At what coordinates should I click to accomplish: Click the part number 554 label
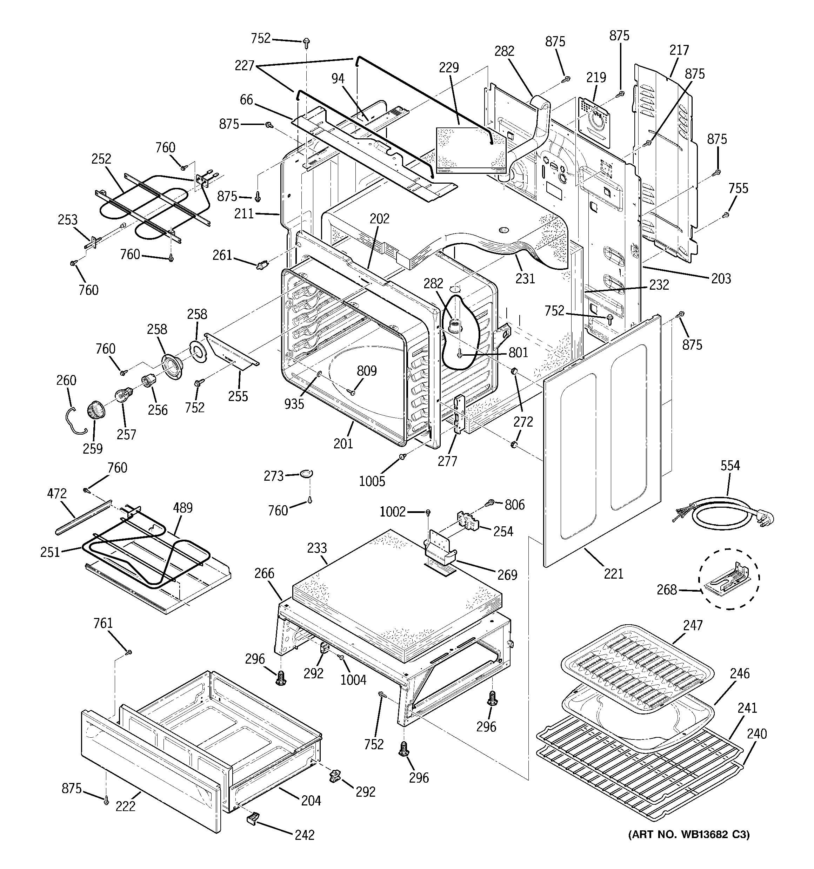[730, 466]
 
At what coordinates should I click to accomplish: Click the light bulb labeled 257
[121, 395]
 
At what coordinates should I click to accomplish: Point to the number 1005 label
[372, 482]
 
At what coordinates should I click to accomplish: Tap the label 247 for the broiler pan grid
[693, 626]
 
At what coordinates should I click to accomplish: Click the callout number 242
[305, 835]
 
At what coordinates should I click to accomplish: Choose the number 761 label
[103, 623]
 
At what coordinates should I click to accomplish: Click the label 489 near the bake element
[183, 508]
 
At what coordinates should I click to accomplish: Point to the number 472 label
[56, 494]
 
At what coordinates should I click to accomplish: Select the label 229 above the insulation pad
[449, 68]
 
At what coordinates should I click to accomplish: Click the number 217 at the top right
[679, 50]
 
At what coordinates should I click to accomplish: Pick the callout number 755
[739, 189]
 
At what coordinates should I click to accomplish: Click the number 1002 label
[392, 512]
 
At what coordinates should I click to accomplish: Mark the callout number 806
[514, 505]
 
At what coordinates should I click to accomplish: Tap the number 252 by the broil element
[101, 159]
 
